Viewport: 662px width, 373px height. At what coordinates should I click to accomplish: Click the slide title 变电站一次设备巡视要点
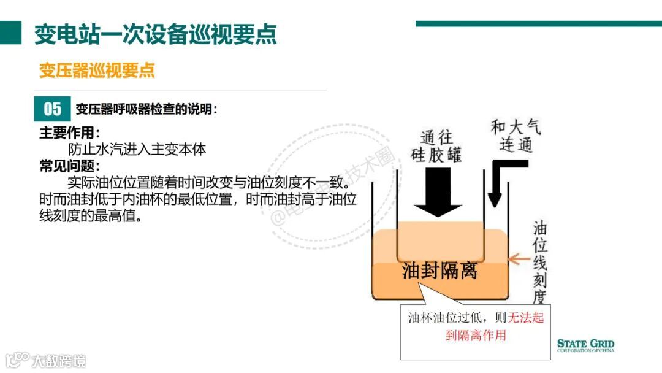tap(155, 34)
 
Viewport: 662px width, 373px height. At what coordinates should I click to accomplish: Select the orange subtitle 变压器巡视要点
tap(97, 70)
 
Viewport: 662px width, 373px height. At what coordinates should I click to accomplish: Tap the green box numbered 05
tap(53, 109)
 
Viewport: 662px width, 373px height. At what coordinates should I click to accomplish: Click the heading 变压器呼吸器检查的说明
tap(146, 110)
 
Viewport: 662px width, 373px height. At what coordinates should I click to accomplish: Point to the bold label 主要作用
tap(69, 133)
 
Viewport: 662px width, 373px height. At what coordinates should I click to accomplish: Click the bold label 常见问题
tap(69, 166)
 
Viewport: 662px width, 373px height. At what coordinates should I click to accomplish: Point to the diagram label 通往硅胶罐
tap(436, 146)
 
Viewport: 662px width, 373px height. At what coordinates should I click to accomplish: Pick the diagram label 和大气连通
tap(516, 136)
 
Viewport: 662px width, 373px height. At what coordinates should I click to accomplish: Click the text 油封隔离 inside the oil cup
tap(439, 271)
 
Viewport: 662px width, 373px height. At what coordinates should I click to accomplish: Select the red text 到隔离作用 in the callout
tap(476, 336)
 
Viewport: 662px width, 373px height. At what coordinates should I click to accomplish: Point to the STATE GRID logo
tap(585, 345)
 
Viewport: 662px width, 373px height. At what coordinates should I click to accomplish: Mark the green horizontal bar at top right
tap(538, 24)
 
